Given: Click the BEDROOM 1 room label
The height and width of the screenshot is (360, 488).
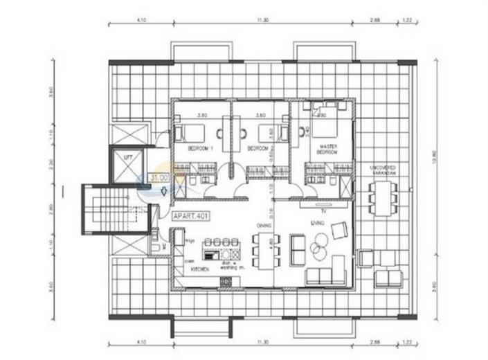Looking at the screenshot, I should click(x=201, y=148).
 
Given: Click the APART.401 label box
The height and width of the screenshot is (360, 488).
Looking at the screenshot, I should click(x=190, y=216).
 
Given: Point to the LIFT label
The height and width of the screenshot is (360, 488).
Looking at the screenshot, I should click(x=127, y=159).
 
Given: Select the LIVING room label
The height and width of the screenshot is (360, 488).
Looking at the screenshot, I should click(x=318, y=222).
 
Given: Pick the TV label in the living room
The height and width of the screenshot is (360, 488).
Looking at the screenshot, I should click(x=323, y=209).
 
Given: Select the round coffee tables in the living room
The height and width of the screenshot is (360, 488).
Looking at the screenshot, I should click(x=319, y=244).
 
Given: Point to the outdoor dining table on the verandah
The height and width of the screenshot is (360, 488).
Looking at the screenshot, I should click(x=383, y=197).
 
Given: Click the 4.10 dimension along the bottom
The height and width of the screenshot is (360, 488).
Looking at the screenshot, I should click(x=142, y=342).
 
